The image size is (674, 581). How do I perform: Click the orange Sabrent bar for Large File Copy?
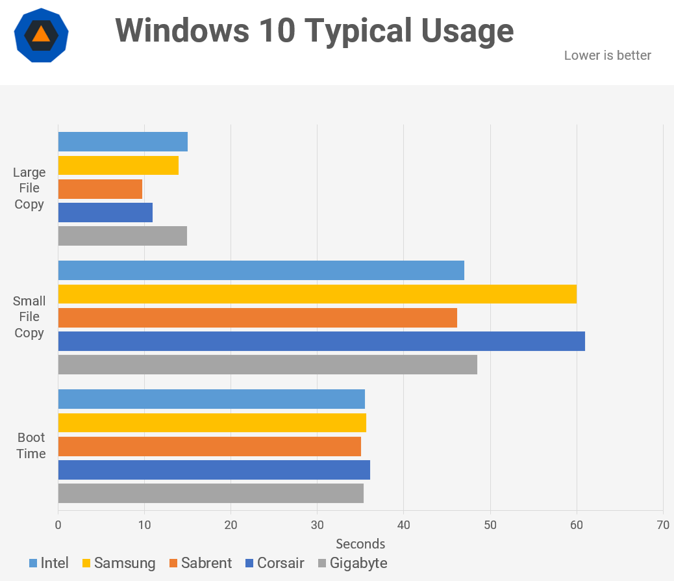click(x=100, y=189)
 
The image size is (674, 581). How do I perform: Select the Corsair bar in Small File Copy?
click(x=321, y=341)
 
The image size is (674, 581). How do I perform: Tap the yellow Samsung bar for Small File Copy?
click(x=318, y=294)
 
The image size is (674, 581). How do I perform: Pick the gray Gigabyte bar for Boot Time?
click(x=211, y=493)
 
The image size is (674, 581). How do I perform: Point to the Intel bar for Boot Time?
click(x=212, y=399)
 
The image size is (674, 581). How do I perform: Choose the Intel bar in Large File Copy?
click(x=123, y=142)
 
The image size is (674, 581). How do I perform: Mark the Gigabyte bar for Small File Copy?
click(x=268, y=365)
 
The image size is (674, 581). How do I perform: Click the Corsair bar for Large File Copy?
click(x=105, y=213)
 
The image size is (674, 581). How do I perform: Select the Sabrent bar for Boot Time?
click(x=210, y=446)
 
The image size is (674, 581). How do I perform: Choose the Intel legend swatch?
click(x=33, y=563)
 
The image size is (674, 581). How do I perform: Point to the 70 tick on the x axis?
click(x=663, y=525)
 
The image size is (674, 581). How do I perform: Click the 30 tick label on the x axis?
click(x=317, y=525)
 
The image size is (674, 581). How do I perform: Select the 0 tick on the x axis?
click(x=58, y=525)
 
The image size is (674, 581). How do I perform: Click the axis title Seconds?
click(x=360, y=544)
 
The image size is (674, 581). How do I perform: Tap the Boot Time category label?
click(x=31, y=446)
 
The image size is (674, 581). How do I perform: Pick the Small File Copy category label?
click(x=29, y=317)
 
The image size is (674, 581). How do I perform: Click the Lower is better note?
click(x=607, y=56)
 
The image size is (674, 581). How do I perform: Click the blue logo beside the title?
click(x=41, y=35)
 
